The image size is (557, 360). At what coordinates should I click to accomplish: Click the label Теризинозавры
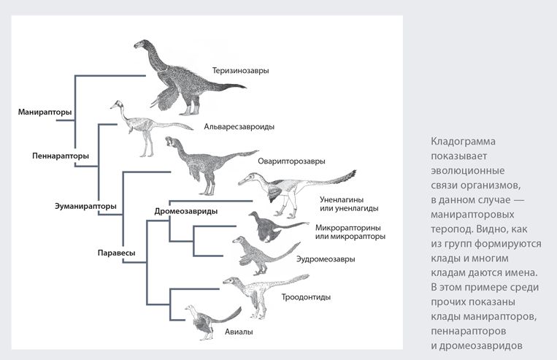point(240,70)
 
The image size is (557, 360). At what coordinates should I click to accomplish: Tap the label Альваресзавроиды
point(239,126)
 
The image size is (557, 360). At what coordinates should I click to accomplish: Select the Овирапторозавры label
point(291,161)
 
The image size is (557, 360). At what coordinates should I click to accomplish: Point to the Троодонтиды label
point(306,296)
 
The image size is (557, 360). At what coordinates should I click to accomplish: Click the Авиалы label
point(239,332)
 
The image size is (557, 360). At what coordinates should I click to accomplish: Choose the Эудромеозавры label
point(326,259)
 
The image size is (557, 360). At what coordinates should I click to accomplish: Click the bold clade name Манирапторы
point(45,112)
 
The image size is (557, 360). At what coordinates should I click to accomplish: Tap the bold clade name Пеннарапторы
point(61,156)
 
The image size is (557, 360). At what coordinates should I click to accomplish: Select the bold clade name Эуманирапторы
point(85,206)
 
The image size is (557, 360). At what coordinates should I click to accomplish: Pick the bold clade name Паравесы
point(116,253)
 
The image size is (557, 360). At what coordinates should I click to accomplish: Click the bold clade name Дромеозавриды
point(185,211)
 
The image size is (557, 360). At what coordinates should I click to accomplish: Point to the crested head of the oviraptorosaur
point(172,142)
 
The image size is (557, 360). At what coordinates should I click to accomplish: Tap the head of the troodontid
point(231,281)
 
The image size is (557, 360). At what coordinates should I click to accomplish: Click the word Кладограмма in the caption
point(463,141)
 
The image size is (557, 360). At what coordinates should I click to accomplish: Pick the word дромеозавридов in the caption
point(480,345)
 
